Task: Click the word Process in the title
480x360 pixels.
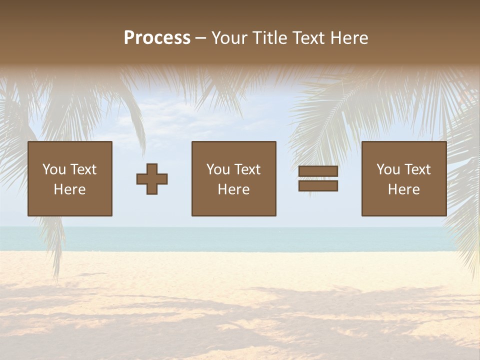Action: pos(157,38)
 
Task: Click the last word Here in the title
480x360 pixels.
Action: pos(349,38)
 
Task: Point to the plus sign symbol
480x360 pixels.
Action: pos(152,179)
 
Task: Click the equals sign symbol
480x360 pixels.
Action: pos(318,178)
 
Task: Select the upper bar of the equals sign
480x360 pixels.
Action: pos(318,171)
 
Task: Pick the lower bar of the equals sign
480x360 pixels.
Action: pos(318,186)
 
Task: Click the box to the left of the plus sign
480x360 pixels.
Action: pos(70,178)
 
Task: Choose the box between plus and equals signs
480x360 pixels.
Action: pos(234,178)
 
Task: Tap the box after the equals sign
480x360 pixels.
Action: pos(404,178)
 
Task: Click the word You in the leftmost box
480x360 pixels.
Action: pos(54,169)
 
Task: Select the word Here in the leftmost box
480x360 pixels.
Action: pos(70,189)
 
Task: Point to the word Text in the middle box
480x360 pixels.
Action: pos(247,169)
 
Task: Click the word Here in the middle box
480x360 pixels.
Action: pos(234,189)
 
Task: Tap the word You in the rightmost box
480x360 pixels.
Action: pos(388,169)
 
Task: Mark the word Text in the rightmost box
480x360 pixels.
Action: pos(417,169)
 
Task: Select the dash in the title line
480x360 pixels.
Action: pos(201,38)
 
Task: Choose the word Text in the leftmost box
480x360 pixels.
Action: pos(83,169)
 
